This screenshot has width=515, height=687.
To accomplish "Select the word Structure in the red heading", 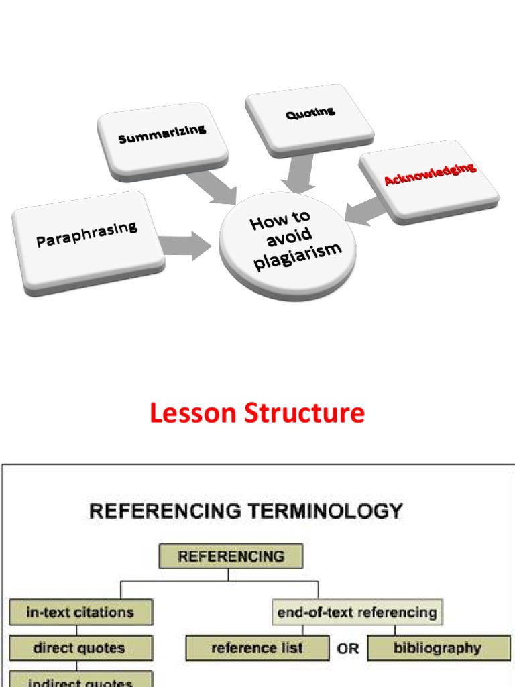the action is click(306, 413).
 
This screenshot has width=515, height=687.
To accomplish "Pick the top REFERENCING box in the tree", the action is click(231, 556).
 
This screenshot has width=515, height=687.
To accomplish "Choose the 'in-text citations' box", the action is click(80, 612).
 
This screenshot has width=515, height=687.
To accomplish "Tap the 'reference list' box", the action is click(257, 649).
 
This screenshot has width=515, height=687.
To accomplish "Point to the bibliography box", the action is click(439, 649).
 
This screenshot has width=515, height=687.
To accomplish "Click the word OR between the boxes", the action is click(348, 649).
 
